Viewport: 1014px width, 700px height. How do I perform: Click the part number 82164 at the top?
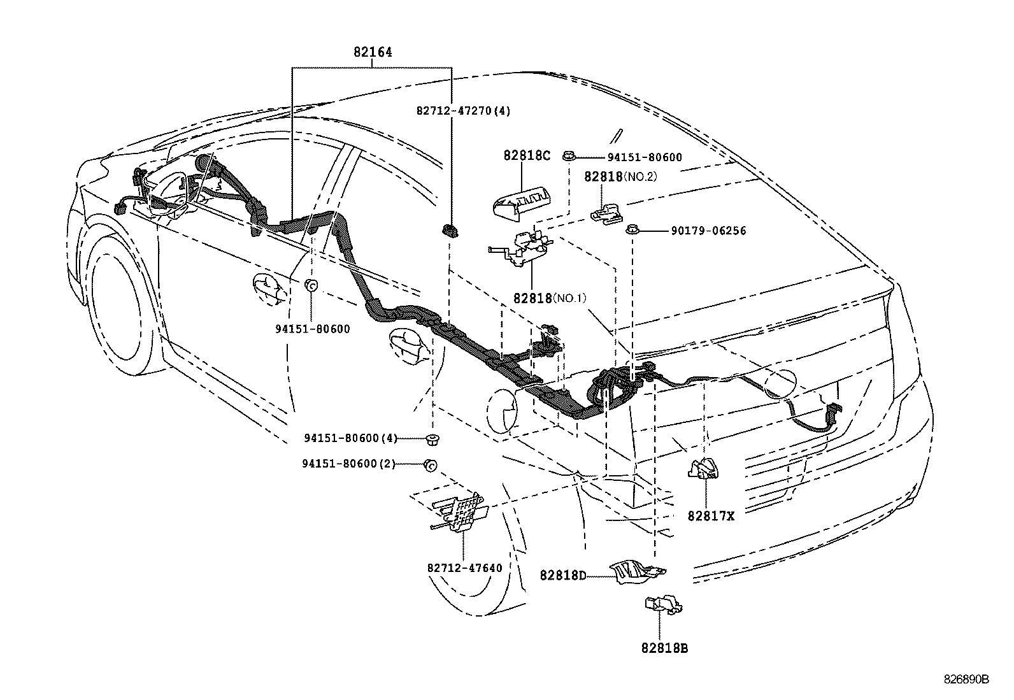[373, 53]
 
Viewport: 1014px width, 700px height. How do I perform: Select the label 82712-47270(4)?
[464, 110]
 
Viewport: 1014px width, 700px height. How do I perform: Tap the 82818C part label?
[526, 155]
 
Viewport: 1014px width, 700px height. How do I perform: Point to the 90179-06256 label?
[708, 231]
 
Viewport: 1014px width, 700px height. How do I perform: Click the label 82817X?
[710, 516]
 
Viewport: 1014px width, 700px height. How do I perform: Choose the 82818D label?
[562, 576]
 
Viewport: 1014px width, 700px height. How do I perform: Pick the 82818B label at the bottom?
[664, 648]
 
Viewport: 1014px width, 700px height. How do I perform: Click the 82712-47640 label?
[464, 568]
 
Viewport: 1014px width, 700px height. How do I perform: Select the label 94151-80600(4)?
[350, 438]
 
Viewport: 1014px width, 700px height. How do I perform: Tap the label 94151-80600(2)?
[348, 464]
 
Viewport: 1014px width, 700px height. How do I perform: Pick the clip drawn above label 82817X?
[704, 469]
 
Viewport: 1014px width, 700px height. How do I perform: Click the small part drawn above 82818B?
[662, 603]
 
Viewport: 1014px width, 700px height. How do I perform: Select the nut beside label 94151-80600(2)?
[430, 466]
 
